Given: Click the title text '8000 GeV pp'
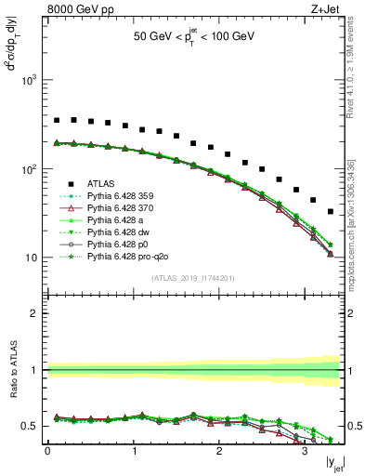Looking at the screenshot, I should pyautogui.click(x=72, y=10).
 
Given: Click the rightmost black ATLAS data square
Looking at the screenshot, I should pyautogui.click(x=330, y=211).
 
